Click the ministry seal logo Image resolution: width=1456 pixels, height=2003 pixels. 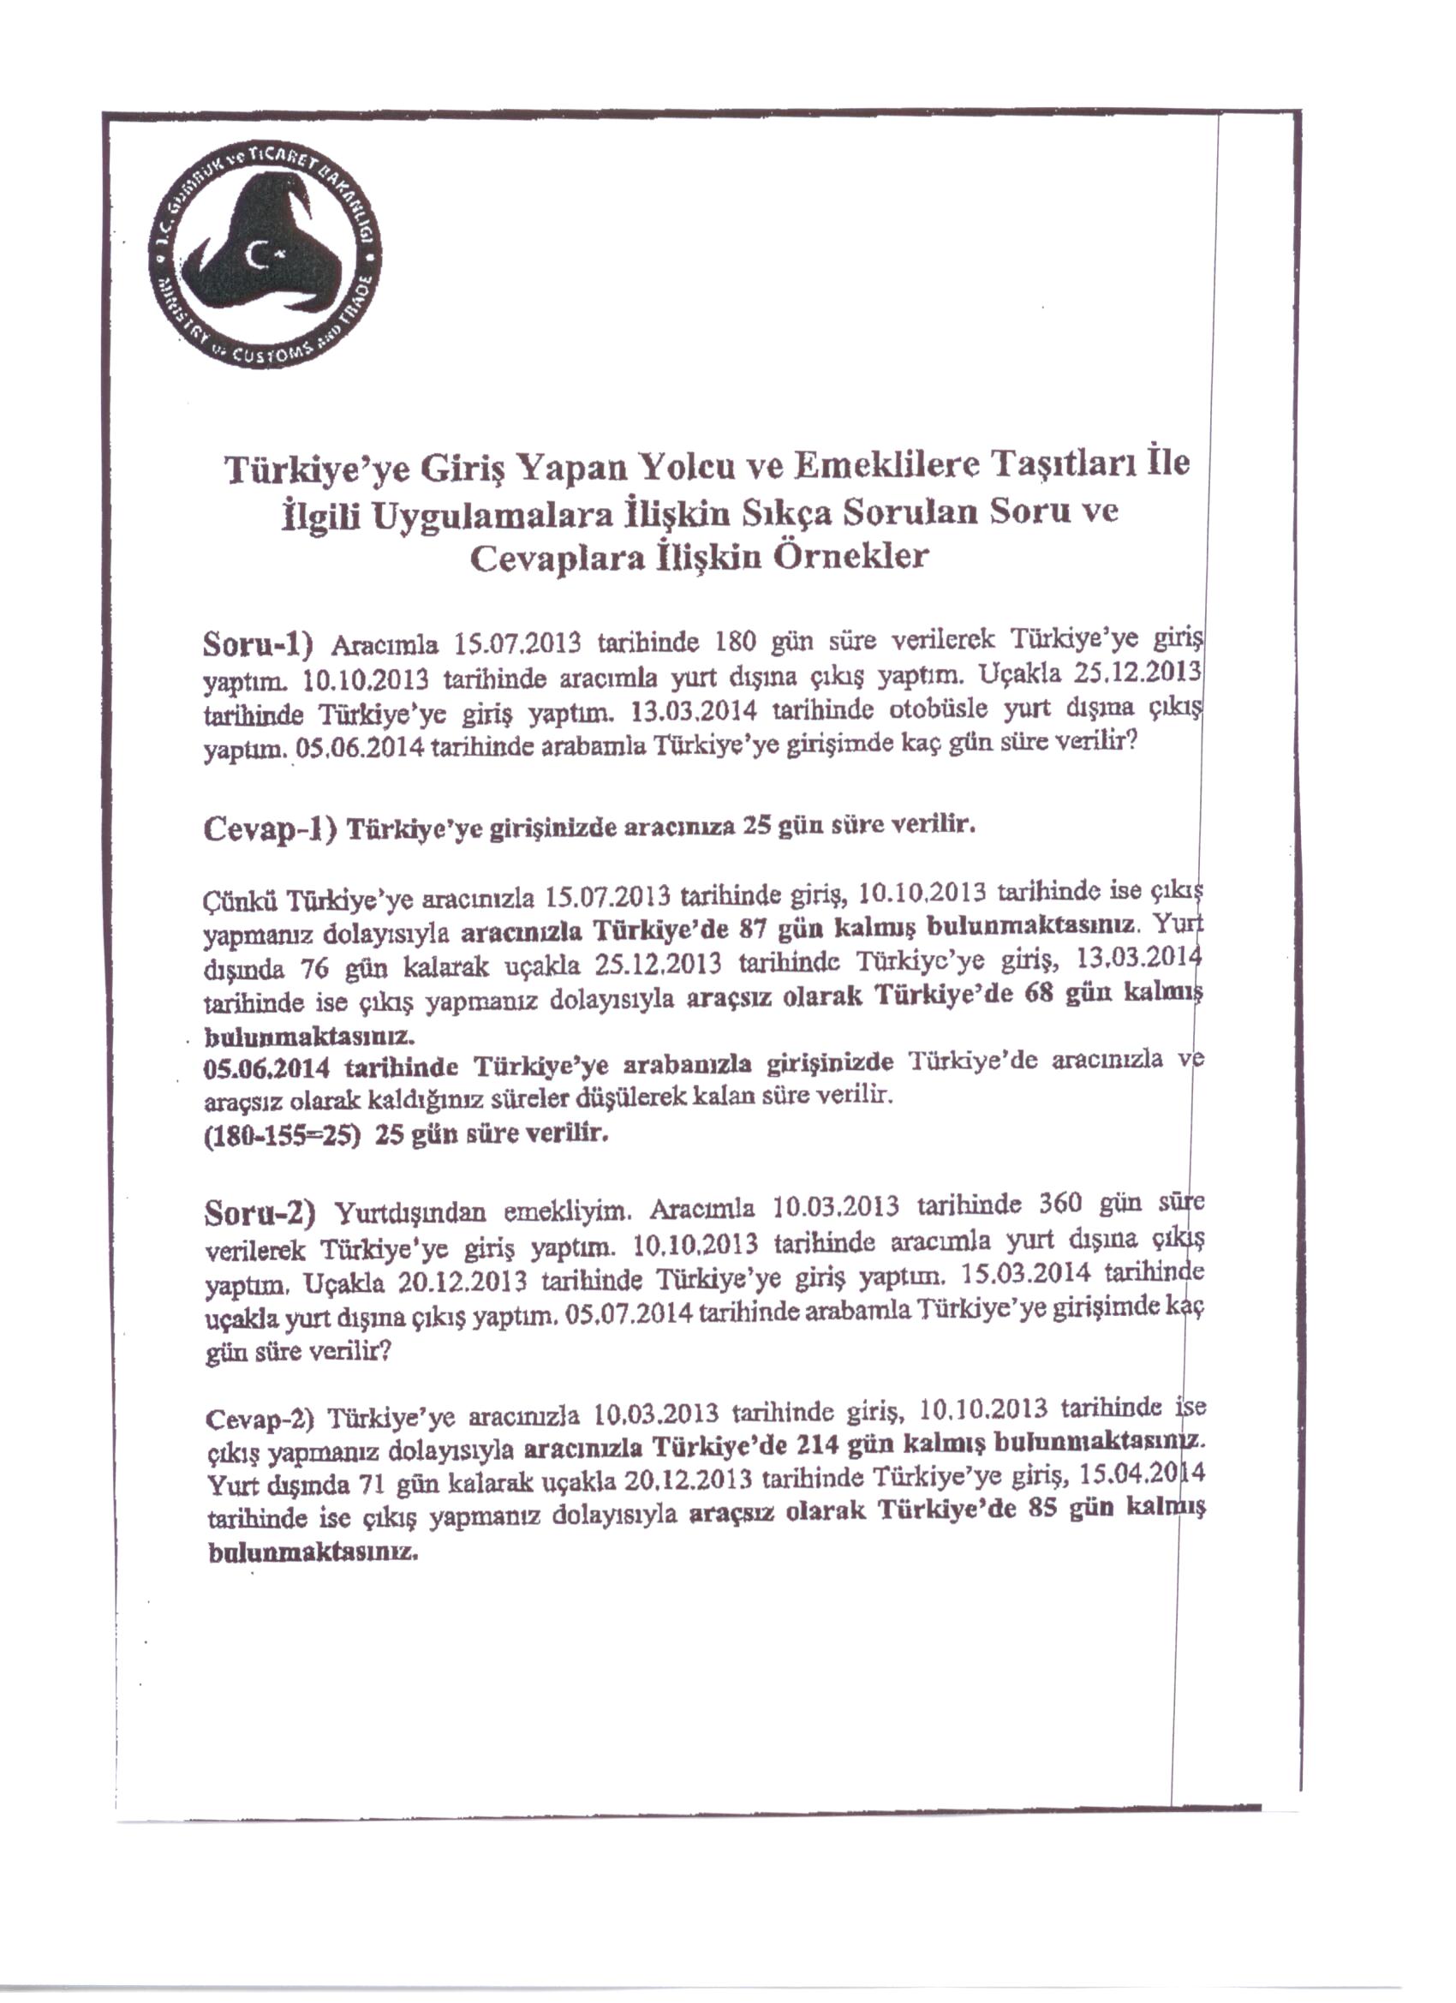266,257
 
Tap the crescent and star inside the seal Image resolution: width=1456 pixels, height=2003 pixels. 264,256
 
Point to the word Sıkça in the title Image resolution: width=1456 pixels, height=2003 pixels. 787,513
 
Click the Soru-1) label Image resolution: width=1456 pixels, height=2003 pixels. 258,644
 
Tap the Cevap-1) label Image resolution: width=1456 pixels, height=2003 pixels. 270,829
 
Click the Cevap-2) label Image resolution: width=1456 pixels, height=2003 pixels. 260,1420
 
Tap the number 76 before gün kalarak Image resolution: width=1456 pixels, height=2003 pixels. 315,969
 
